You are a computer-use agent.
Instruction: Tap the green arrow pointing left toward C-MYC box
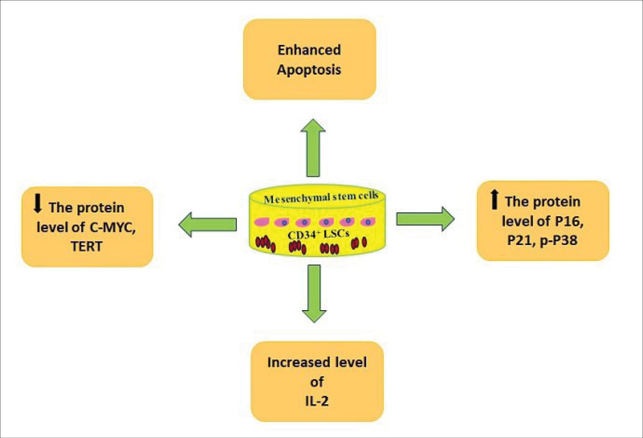(x=207, y=224)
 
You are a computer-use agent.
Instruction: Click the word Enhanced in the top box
(x=309, y=50)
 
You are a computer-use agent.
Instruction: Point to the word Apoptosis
(x=309, y=69)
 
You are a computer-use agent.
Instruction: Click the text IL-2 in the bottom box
(x=317, y=401)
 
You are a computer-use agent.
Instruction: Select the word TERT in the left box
(x=87, y=246)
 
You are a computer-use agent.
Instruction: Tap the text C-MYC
(x=112, y=227)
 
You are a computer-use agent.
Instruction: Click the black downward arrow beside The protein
(x=38, y=204)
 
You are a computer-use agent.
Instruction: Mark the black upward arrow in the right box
(x=494, y=200)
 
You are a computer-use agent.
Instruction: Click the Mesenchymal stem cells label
(x=320, y=198)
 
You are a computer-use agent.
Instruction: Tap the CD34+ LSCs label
(x=318, y=234)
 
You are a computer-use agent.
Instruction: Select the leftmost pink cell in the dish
(x=261, y=222)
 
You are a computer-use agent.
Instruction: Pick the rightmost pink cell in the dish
(x=368, y=222)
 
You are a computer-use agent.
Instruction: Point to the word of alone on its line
(x=317, y=382)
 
